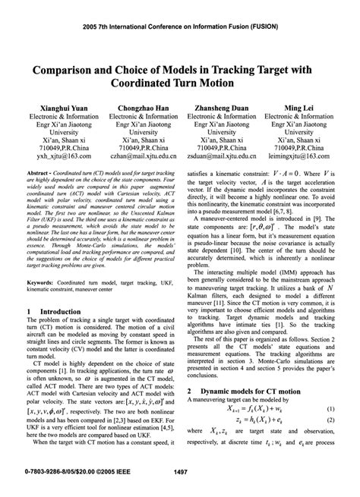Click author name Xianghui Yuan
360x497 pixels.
pyautogui.click(x=53, y=109)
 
